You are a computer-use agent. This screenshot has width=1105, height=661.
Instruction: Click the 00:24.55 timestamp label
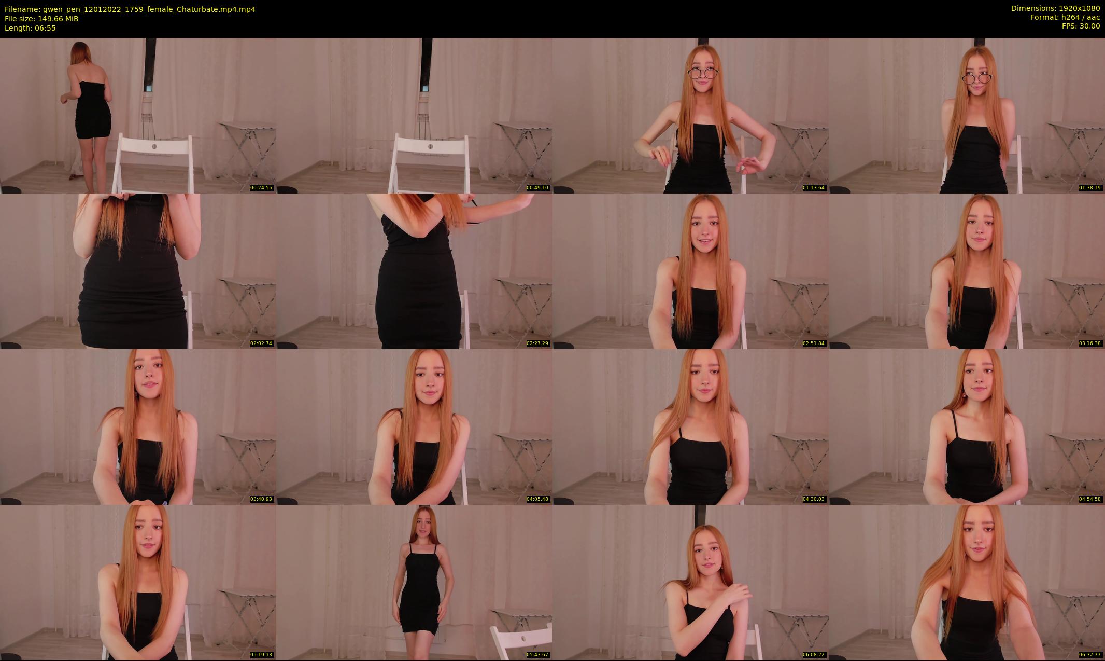tap(261, 188)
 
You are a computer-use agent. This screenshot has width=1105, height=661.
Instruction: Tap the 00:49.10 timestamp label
tap(537, 188)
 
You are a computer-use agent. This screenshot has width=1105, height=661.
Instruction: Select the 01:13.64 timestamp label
tap(814, 188)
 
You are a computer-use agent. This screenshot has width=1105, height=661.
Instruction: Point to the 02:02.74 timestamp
tap(261, 343)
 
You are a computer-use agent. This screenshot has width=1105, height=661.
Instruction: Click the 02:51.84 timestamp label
tap(814, 343)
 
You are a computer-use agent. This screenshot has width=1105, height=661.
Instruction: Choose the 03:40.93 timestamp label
tap(261, 499)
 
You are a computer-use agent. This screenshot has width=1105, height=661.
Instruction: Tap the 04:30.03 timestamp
tap(814, 499)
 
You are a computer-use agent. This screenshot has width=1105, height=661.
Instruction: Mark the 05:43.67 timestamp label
tap(537, 655)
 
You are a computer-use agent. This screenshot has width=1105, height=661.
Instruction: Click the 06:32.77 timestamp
tap(1090, 655)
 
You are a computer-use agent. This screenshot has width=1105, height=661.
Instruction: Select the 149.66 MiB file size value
tap(58, 19)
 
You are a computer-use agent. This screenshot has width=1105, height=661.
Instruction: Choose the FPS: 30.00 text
tap(1081, 26)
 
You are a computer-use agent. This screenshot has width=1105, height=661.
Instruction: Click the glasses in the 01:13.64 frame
tap(703, 73)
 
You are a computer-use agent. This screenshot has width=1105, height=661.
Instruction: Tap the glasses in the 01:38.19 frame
tap(976, 78)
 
